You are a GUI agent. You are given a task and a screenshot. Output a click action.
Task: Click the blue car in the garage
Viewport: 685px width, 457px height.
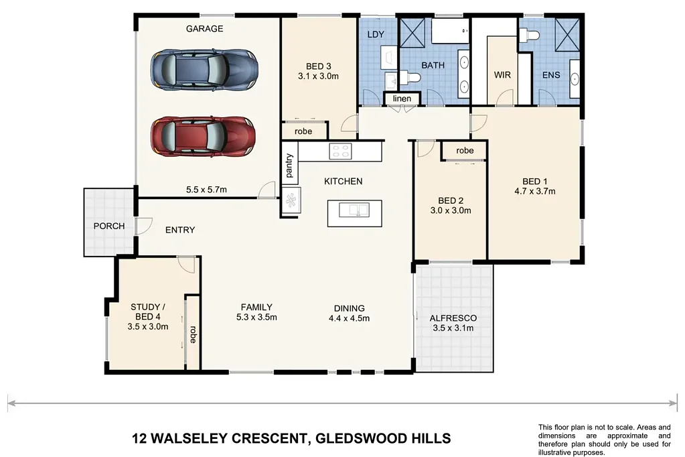pos(204,70)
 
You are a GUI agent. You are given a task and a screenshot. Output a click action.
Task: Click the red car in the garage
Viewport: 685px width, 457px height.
pos(203,136)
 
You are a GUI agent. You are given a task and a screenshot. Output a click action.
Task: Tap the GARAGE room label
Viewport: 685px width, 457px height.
pos(204,29)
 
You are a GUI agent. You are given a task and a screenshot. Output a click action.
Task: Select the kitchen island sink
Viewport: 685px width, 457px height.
pos(354,210)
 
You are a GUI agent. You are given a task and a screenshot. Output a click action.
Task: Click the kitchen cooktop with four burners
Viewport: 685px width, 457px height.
pos(341,151)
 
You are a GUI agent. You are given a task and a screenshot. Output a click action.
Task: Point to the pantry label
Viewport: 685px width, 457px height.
pos(289,166)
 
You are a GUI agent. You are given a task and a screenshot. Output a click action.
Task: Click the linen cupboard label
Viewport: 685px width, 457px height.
pos(402,99)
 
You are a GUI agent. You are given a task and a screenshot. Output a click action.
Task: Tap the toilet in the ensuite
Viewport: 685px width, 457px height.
pos(530,34)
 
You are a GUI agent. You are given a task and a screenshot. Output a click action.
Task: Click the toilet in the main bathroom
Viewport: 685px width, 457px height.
pos(409,78)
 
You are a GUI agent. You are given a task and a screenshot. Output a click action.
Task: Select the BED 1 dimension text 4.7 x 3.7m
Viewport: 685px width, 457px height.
pos(535,191)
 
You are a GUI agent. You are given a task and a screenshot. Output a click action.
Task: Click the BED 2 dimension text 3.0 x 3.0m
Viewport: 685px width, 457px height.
pos(451,210)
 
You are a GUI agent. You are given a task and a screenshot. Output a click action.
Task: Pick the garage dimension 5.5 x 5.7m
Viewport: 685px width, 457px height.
pos(206,190)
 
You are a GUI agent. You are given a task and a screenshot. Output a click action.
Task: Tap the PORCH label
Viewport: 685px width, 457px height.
pos(109,226)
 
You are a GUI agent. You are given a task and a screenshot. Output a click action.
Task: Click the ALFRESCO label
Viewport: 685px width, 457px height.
pos(453,318)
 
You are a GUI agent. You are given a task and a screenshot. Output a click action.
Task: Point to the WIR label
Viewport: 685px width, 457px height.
pos(502,75)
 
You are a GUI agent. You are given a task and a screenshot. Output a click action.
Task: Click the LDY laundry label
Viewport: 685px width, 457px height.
pos(376,35)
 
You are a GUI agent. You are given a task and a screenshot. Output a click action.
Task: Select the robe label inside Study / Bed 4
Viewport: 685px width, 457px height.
pos(193,334)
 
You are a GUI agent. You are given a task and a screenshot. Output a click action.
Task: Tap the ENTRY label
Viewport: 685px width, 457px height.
pos(180,230)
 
